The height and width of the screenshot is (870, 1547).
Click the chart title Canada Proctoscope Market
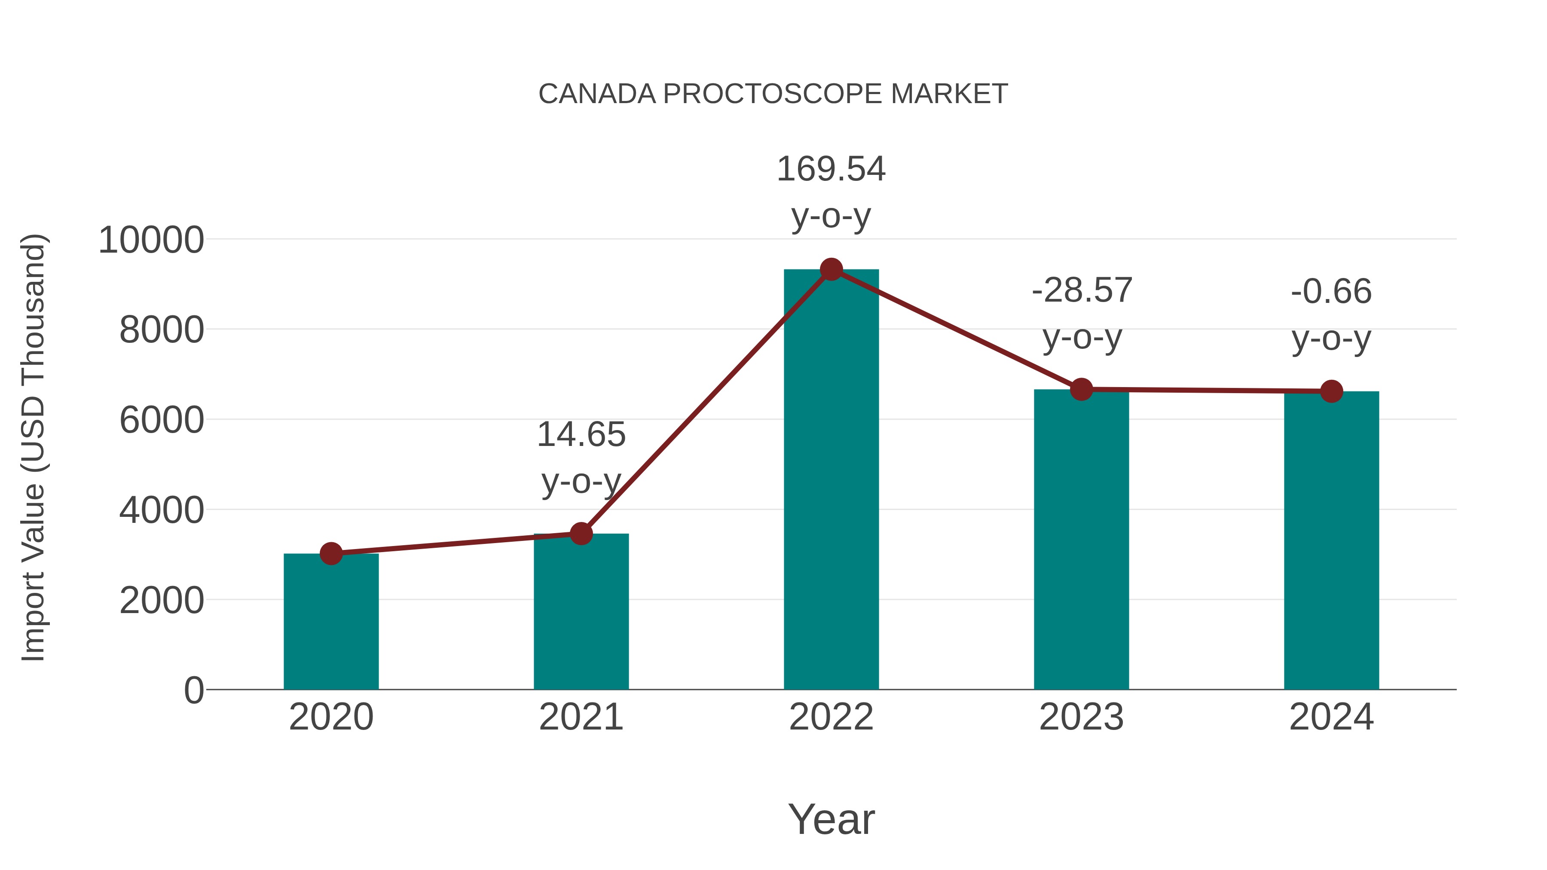point(773,94)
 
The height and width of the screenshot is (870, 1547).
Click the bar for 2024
point(1331,540)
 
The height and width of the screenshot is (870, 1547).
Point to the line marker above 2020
point(331,553)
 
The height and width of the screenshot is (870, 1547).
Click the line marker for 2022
point(831,269)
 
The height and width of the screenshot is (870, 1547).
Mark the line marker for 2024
point(1331,391)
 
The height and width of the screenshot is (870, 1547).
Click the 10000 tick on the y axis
point(151,240)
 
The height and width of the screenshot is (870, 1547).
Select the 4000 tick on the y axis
point(162,510)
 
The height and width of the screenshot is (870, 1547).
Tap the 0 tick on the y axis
point(194,690)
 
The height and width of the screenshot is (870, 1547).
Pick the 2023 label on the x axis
point(1081,717)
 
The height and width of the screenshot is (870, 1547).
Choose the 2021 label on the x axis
point(581,717)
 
